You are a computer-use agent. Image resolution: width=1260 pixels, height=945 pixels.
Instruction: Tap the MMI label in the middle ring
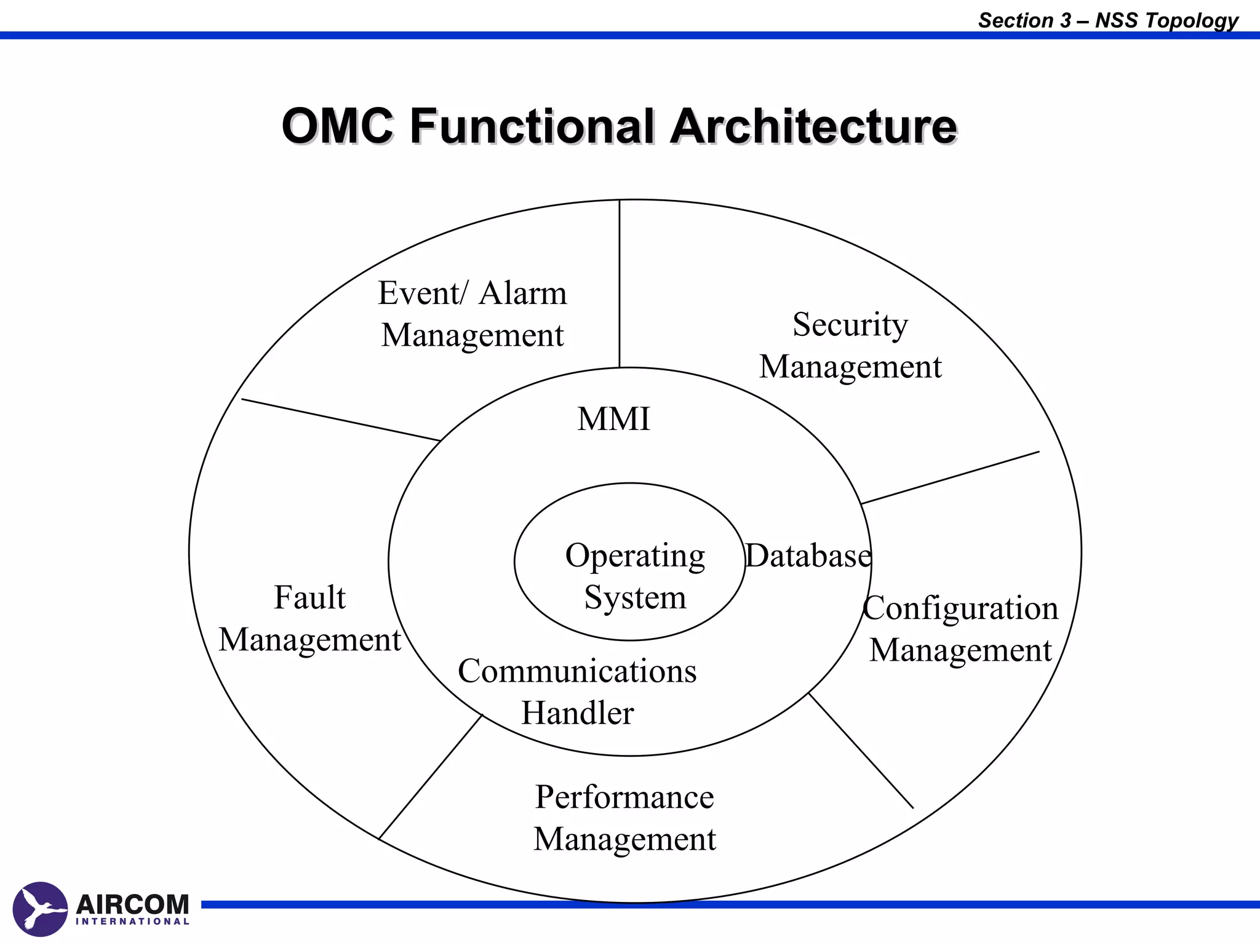point(613,419)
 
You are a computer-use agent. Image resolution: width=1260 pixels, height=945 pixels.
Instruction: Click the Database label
point(808,556)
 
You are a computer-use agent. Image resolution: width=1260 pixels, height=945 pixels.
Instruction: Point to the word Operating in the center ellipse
point(635,556)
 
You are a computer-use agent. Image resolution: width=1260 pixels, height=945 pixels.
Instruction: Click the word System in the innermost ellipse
point(635,597)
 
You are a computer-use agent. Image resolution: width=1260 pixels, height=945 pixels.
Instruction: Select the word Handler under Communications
point(577,713)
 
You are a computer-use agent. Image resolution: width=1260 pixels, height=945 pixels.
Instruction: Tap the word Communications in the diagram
point(577,671)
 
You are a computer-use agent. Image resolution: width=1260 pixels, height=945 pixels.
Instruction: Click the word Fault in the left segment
point(309,597)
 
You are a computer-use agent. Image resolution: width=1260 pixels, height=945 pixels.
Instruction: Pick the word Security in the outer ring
point(850,324)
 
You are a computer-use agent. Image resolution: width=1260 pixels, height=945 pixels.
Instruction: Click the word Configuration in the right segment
point(960,608)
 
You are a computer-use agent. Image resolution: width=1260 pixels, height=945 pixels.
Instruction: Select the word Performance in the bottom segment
point(624,797)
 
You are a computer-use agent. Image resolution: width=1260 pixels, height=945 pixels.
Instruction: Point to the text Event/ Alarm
point(472,293)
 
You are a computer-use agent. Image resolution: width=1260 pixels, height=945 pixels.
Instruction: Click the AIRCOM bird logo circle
point(40,909)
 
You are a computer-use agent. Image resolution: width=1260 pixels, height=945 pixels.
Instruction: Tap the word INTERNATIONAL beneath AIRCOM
point(132,922)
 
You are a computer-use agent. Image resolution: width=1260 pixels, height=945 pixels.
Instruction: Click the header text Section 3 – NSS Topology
point(1108,20)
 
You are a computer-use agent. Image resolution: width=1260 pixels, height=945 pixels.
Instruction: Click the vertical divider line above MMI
point(620,283)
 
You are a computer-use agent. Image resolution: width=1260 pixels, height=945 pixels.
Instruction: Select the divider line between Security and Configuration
point(951,477)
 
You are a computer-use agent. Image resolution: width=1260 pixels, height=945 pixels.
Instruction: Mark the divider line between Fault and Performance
point(431,776)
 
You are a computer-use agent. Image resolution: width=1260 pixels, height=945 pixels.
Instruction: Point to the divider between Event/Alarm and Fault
point(341,420)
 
